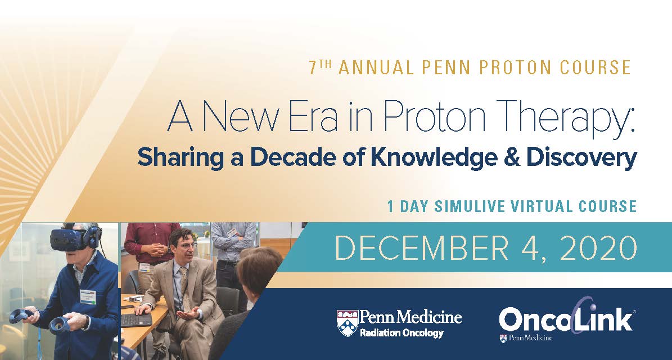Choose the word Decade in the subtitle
[294, 157]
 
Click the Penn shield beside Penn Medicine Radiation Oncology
[347, 323]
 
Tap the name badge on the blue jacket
[88, 296]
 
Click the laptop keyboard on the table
[136, 319]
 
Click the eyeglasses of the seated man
[186, 246]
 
